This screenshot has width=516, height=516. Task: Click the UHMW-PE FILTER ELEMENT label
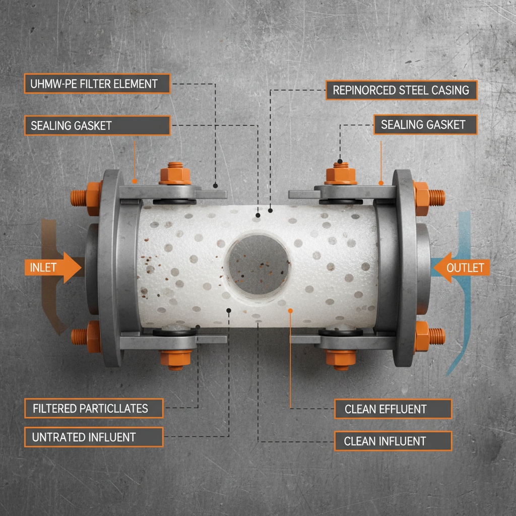97,84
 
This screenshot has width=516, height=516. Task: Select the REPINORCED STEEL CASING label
401,90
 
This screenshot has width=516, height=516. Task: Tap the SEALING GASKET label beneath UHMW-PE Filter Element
97,125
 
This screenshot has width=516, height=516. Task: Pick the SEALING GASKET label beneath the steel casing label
425,124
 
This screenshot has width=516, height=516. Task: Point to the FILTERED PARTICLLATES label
94,408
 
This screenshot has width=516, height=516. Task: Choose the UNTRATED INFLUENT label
94,437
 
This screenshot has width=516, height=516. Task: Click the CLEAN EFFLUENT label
393,409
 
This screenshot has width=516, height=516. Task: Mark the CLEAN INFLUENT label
393,441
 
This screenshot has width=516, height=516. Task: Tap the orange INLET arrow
53,267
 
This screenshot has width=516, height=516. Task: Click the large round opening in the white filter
257,264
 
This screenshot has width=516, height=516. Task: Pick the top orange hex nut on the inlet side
175,174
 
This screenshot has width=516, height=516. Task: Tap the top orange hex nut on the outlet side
341,174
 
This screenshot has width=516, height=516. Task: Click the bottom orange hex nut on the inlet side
175,357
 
